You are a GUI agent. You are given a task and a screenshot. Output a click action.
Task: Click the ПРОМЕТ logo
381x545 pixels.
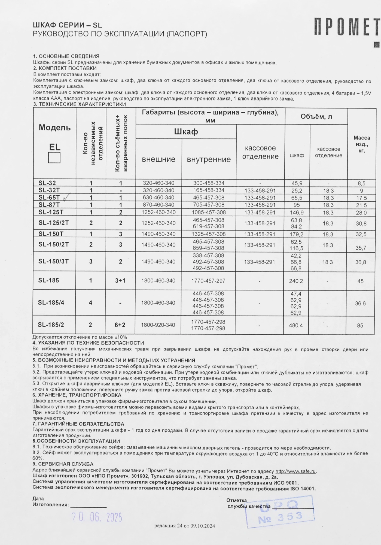[x=346, y=27]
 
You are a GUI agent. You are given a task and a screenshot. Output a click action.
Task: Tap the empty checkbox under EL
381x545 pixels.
[x=54, y=158]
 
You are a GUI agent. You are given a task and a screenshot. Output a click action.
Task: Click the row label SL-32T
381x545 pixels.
[x=49, y=190]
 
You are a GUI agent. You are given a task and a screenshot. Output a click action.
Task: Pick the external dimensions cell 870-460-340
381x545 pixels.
[x=159, y=205]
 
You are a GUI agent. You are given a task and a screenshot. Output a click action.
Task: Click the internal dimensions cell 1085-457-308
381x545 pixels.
[x=209, y=212]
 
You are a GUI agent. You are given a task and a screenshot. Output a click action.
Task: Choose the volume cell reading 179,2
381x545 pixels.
[x=297, y=234]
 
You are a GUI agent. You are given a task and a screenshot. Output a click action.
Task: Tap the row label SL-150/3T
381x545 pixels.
[x=53, y=261]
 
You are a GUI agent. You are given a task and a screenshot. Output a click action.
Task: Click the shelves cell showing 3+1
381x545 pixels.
[x=120, y=281]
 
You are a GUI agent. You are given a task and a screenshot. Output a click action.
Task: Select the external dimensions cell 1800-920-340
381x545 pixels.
[x=158, y=325]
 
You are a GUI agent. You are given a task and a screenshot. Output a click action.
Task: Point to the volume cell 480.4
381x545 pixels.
[x=296, y=325]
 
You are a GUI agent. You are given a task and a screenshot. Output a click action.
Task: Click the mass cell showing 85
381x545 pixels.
[x=360, y=325]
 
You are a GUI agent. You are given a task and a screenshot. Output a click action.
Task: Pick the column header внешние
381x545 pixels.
[x=159, y=159]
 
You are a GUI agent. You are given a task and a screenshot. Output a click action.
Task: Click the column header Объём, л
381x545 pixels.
[x=316, y=117]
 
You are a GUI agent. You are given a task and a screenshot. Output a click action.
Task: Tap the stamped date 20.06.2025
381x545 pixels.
[x=97, y=517]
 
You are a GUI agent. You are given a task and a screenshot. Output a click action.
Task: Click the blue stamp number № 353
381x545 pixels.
[x=281, y=517]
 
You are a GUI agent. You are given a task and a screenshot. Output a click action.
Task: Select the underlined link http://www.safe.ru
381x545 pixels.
[x=295, y=471]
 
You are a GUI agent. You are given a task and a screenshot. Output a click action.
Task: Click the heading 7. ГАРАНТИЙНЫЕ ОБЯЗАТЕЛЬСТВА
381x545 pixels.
[x=78, y=424]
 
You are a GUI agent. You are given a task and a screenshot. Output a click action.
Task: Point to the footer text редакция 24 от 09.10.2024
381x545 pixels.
[x=185, y=526]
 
